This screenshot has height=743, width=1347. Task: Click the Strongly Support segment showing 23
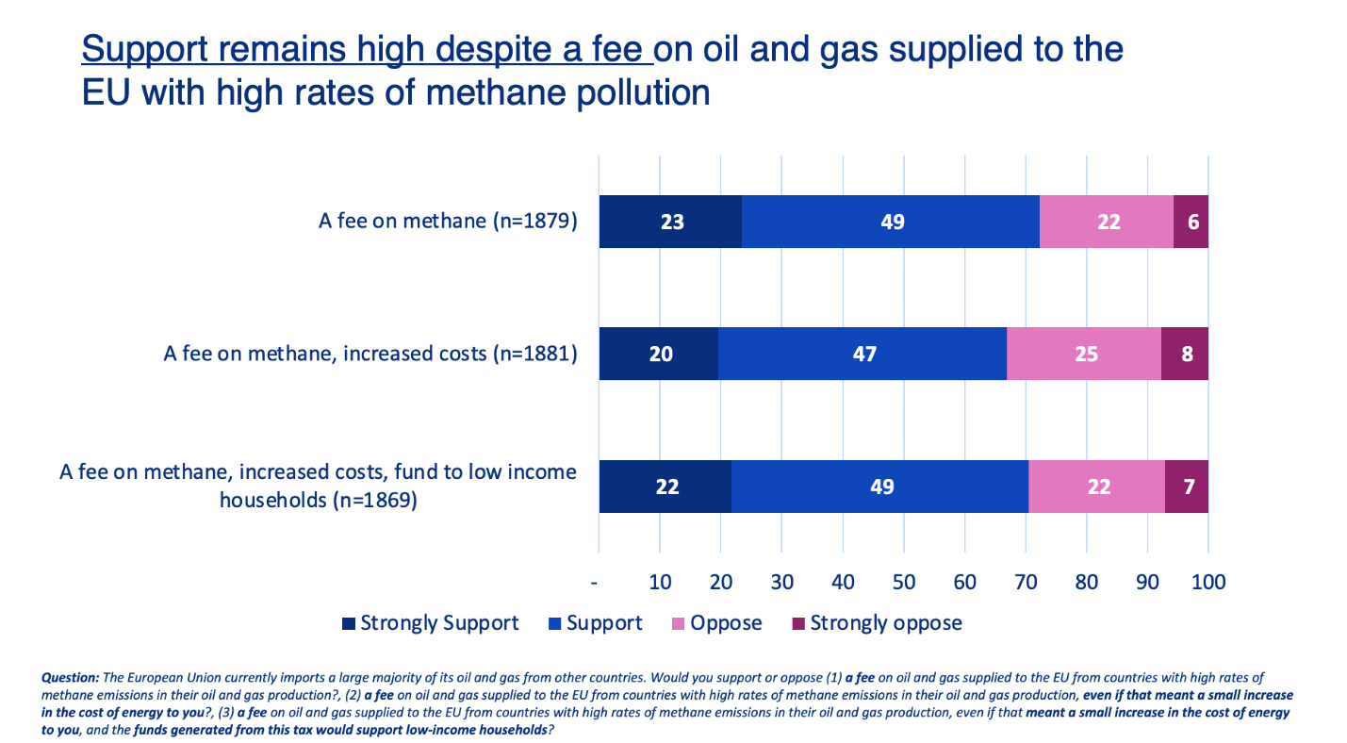click(x=670, y=222)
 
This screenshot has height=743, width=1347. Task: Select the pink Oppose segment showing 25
click(x=1084, y=354)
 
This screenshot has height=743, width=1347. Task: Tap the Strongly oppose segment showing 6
click(x=1191, y=222)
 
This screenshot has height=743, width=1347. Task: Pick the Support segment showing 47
click(x=862, y=354)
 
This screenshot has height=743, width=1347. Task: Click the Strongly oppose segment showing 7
click(x=1187, y=487)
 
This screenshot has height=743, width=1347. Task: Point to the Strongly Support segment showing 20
click(x=659, y=354)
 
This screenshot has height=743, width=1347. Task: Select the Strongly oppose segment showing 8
click(x=1185, y=354)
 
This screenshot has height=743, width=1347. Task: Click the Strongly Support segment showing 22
click(x=665, y=487)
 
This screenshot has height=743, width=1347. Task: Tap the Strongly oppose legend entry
click(x=877, y=623)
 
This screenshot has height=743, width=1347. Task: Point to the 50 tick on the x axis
click(x=903, y=582)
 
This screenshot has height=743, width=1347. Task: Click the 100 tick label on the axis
click(x=1207, y=582)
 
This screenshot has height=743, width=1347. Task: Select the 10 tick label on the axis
click(x=660, y=582)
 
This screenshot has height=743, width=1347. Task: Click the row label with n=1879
click(x=447, y=222)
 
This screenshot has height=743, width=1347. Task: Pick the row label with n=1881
click(x=370, y=354)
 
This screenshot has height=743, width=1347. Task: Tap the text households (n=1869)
click(x=318, y=501)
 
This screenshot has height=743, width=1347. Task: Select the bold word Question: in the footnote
click(x=71, y=678)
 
